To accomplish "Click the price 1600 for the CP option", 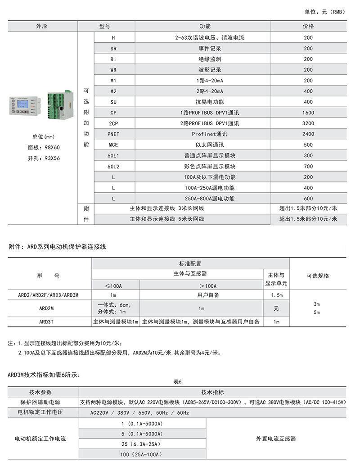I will [x=308, y=113].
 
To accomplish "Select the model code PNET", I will [x=113, y=134].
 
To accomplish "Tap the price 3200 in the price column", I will [x=308, y=123].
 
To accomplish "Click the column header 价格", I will [x=308, y=27].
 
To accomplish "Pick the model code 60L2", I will [x=113, y=166].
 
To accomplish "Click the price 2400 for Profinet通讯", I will [x=308, y=134].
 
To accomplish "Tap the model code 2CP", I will [x=113, y=123].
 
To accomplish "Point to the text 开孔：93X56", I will [x=44, y=158].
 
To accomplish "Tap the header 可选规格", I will [x=318, y=276].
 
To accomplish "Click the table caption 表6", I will [x=177, y=382].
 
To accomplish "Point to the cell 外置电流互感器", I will [x=276, y=438].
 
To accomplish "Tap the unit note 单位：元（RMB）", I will [x=325, y=12].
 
